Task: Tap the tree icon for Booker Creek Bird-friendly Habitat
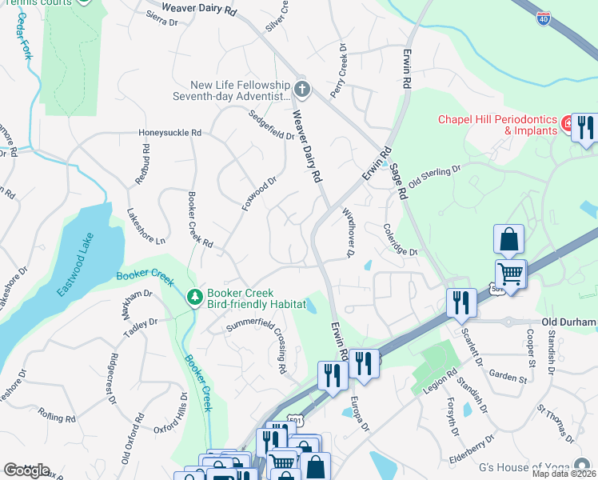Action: pos(193,298)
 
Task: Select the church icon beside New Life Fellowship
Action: pos(301,88)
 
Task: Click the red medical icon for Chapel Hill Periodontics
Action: pos(567,124)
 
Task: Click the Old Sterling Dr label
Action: pos(435,177)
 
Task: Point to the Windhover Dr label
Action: pos(348,231)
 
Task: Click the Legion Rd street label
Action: pos(441,378)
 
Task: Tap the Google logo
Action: pos(26,470)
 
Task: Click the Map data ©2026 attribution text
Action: pos(564,474)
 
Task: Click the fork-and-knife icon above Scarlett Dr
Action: pos(461,302)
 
